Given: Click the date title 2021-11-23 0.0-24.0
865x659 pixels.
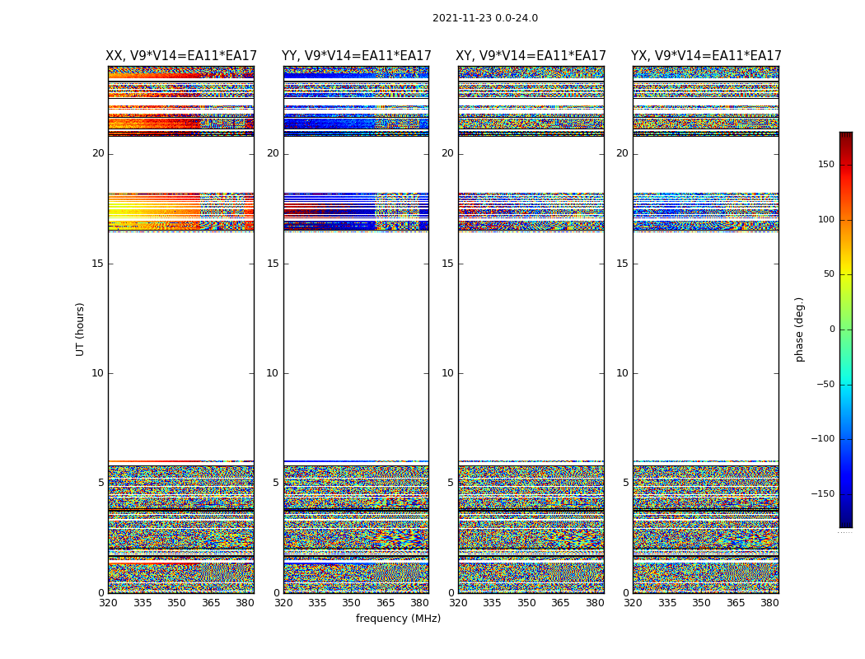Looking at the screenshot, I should (x=485, y=18).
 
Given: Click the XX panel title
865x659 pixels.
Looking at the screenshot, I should (x=181, y=56).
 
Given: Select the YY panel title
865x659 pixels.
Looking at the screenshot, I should (x=356, y=56).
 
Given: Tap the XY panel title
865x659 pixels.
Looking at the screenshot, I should (x=531, y=56).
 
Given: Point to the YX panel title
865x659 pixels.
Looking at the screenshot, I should (x=706, y=56).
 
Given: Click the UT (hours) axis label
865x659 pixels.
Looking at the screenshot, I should (x=81, y=329).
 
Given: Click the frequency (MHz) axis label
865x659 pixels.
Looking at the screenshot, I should (x=398, y=619).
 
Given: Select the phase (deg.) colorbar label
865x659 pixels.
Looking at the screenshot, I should (x=800, y=329).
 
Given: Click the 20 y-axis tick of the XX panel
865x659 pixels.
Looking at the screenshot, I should (x=98, y=153).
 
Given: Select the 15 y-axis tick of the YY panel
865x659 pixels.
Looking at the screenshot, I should (x=273, y=264).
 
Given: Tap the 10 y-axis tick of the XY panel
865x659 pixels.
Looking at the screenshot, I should (x=447, y=373).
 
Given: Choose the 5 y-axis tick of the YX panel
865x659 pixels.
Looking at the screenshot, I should (x=625, y=483).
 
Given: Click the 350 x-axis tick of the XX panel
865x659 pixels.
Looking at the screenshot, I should (x=176, y=603).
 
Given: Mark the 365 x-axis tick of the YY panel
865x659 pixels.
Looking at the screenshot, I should (x=386, y=603).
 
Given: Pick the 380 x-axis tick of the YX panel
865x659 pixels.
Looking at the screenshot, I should (x=769, y=603).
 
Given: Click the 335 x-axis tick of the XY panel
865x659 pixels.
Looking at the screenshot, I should (x=492, y=603).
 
